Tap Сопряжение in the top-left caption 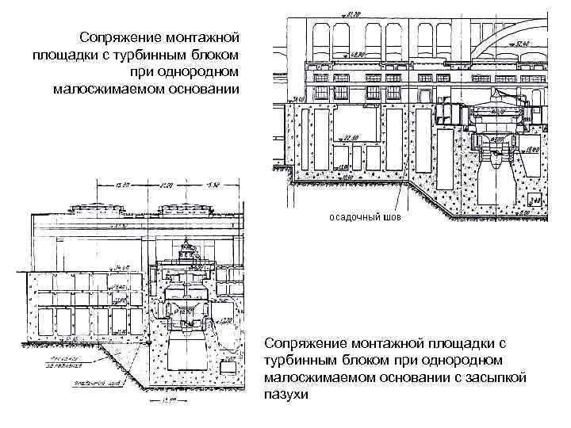click(119, 38)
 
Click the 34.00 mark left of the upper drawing click(297, 101)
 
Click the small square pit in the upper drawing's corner click(535, 202)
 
